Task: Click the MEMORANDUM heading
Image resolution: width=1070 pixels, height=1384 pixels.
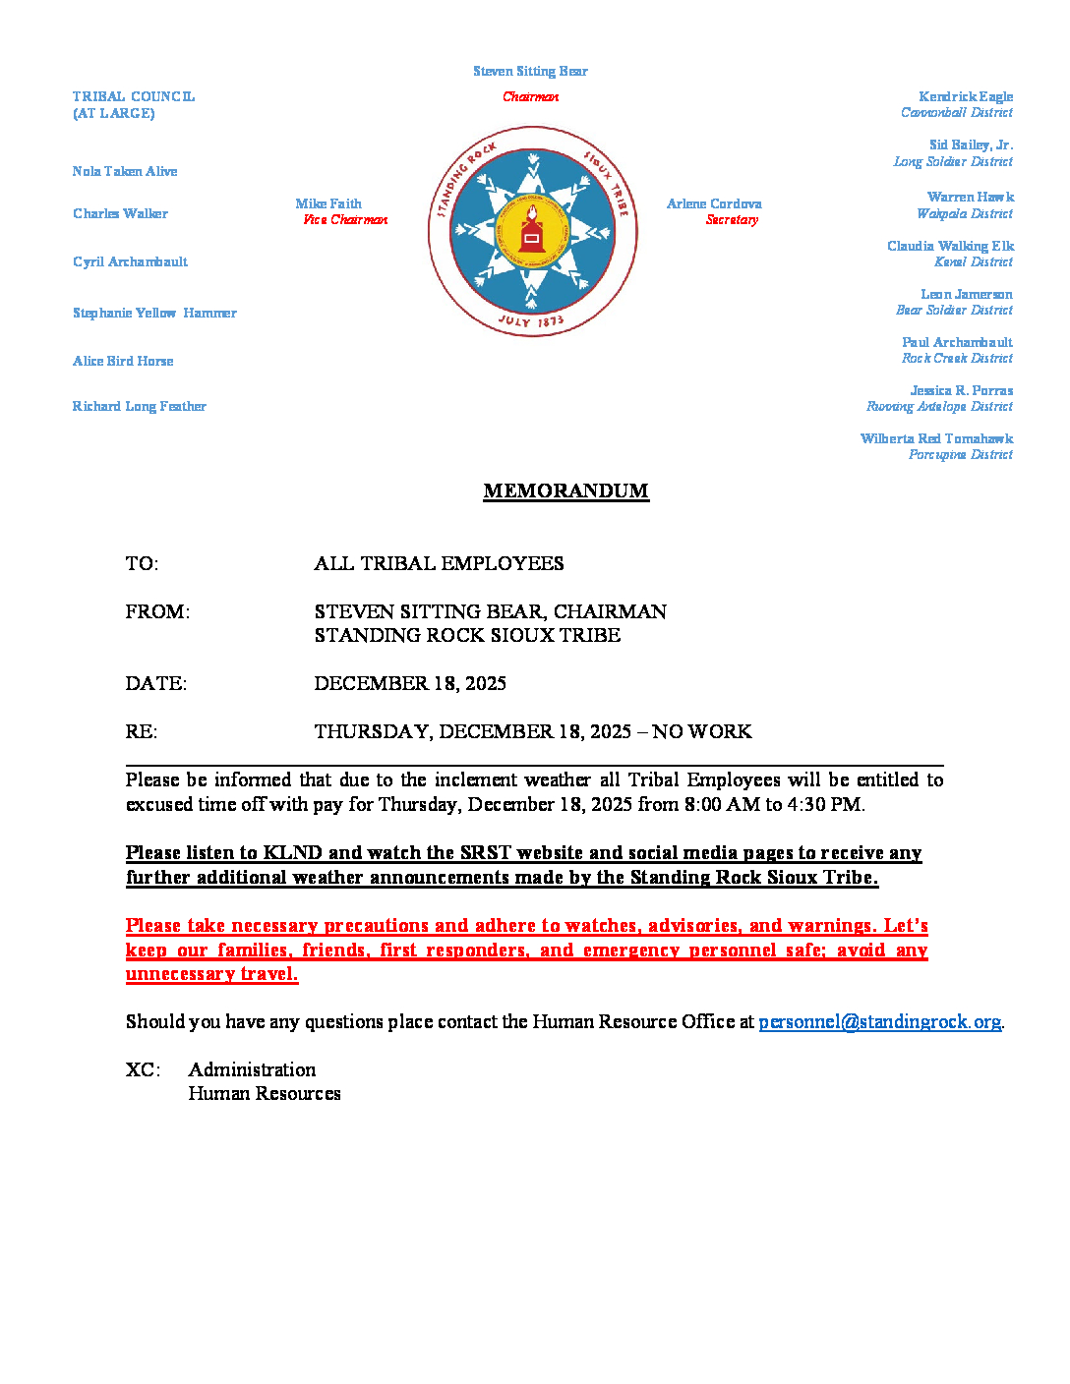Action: [x=565, y=490]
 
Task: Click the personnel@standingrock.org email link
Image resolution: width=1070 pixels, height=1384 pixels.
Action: [x=879, y=1021]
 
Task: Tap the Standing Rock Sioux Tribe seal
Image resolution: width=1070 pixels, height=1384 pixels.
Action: [x=532, y=232]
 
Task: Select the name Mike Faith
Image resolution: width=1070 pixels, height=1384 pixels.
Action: [x=328, y=203]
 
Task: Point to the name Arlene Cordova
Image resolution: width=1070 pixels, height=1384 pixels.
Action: [x=714, y=203]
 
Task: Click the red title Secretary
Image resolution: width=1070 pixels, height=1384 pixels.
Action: [x=732, y=220]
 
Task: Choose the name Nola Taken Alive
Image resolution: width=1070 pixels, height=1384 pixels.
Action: [x=125, y=171]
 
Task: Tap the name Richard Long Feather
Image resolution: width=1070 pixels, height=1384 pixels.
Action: [x=139, y=406]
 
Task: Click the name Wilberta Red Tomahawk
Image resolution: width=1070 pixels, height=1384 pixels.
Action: [x=936, y=438]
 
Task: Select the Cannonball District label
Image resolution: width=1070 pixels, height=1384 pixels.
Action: [x=956, y=113]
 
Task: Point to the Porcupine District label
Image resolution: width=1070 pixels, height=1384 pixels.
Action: [x=960, y=455]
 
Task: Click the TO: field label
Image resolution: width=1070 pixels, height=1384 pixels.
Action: [x=142, y=563]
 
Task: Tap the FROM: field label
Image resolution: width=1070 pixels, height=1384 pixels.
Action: [x=157, y=611]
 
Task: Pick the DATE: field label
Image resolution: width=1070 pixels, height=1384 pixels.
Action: [x=155, y=683]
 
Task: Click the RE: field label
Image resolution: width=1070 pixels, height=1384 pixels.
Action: [x=141, y=731]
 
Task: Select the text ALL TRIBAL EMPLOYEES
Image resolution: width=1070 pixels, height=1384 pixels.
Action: [x=439, y=563]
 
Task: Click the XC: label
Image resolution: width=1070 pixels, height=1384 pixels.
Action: [x=143, y=1069]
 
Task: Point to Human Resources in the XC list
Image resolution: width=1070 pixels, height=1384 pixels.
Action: [x=265, y=1093]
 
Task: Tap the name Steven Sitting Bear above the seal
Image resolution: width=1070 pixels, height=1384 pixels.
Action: [x=530, y=71]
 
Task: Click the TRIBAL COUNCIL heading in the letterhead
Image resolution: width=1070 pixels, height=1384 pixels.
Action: [x=134, y=96]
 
